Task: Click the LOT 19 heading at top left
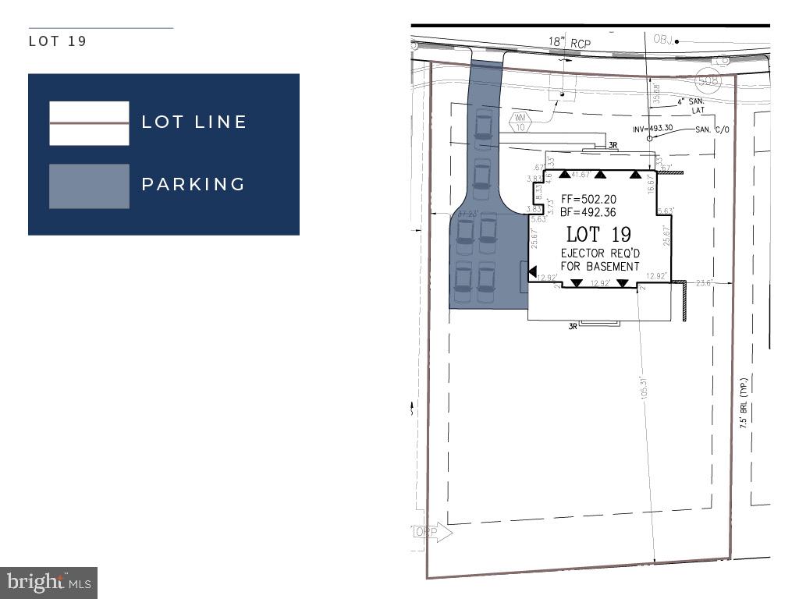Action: (x=58, y=41)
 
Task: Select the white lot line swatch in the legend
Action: (x=89, y=123)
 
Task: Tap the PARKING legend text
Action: (x=194, y=184)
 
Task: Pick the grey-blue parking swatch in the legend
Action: (x=89, y=186)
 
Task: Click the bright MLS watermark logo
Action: (x=48, y=582)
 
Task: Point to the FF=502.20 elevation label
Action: (x=589, y=200)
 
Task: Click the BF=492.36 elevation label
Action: (x=589, y=211)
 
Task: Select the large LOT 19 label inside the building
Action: (x=598, y=234)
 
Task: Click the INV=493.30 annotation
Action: (x=645, y=127)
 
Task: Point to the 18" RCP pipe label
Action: (x=570, y=44)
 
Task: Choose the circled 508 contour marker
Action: (x=708, y=80)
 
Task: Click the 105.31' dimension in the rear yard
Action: (x=645, y=388)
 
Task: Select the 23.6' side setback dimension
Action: (x=705, y=283)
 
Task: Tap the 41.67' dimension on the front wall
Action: (x=581, y=175)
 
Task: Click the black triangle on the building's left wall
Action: (x=533, y=272)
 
